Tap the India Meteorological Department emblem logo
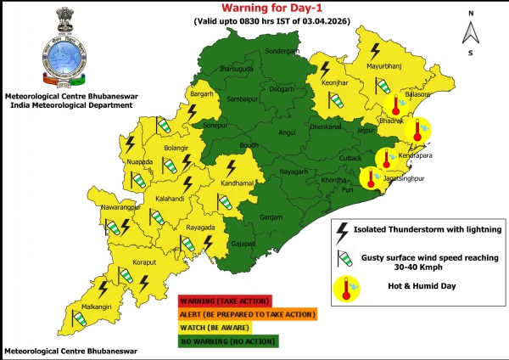click(59, 52)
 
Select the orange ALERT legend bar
click(247, 314)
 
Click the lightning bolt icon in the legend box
click(343, 229)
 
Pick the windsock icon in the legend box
click(343, 257)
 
